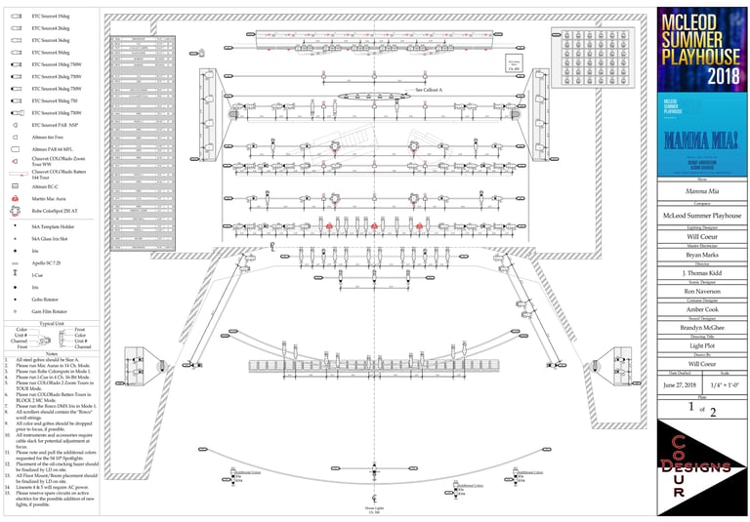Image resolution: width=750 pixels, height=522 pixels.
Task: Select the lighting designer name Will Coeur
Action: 703,236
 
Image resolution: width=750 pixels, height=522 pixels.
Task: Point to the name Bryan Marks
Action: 703,257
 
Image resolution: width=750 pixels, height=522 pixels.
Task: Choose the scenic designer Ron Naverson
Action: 703,292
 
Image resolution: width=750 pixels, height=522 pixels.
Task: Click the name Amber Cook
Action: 703,309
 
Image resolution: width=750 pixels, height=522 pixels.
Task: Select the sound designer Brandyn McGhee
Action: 703,328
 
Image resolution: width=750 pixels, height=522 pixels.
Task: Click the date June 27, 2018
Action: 680,385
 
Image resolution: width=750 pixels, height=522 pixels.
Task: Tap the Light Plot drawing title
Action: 703,345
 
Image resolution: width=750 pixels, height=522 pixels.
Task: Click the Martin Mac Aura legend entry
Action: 50,198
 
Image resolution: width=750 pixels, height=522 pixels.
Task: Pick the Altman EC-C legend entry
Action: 47,185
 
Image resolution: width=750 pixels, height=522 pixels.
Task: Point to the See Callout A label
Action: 429,89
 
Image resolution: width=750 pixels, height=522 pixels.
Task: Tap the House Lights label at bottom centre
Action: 374,508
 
